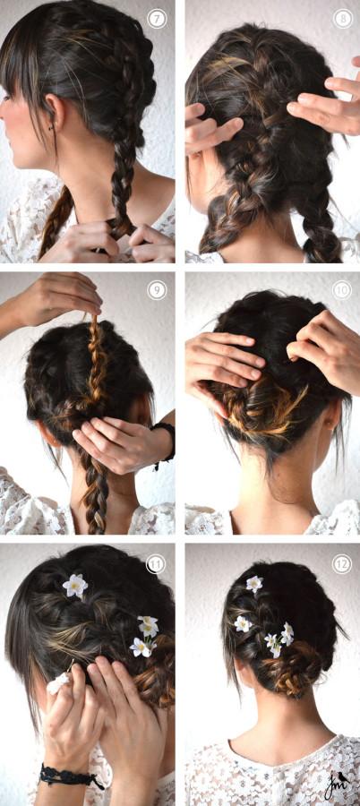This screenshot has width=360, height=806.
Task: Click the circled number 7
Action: click(157, 19)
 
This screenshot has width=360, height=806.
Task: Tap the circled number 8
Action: click(342, 19)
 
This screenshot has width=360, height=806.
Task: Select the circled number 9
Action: click(157, 290)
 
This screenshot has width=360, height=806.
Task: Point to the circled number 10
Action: click(342, 290)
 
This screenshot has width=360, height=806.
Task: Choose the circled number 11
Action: click(157, 564)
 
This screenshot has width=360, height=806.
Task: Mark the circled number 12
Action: click(342, 564)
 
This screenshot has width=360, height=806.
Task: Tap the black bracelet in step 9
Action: click(165, 443)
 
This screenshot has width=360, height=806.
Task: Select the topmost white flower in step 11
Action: click(75, 586)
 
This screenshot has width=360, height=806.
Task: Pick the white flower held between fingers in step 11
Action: click(58, 683)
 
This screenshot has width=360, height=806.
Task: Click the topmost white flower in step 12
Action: click(254, 583)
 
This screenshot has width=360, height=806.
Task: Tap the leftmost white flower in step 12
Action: click(243, 623)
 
